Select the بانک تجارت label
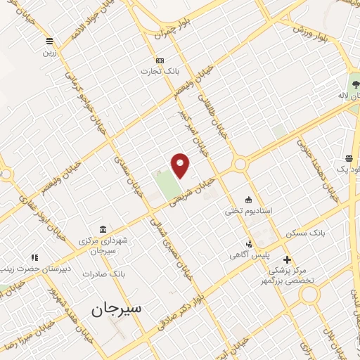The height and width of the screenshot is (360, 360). pos(156,71)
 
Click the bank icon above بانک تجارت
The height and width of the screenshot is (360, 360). pos(160,60)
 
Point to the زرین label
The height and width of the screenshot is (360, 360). pos(49,51)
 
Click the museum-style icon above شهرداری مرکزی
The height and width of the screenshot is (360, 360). pos(103,229)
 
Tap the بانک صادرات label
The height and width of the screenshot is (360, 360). pos(103,274)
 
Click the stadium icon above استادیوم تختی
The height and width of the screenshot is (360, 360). pos(247,199)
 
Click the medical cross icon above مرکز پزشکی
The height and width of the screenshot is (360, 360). pos(287,259)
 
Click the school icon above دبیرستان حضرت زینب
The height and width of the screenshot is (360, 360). pos(32,258)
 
